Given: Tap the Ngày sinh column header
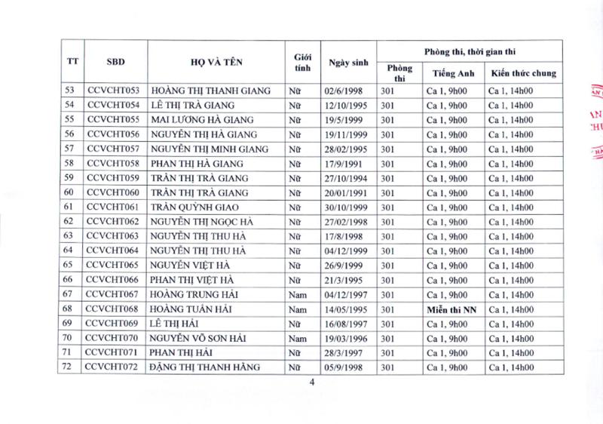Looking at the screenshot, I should (x=347, y=61).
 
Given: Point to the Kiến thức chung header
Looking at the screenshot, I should (x=522, y=73).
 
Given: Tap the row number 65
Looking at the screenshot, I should (x=69, y=266).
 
